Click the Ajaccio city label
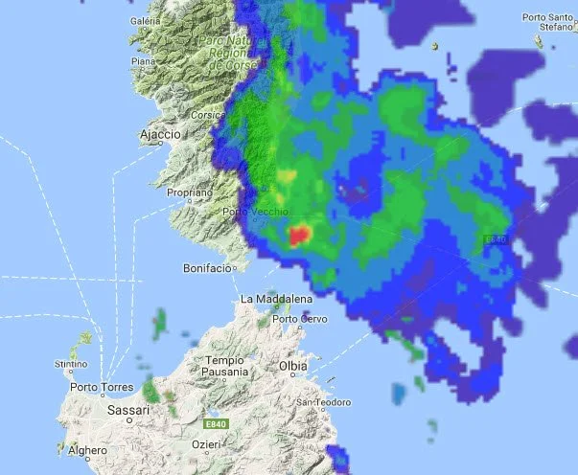[x=160, y=135]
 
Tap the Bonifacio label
[x=206, y=269]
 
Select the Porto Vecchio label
[x=248, y=212]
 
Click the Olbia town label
[x=292, y=366]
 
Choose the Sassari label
[x=130, y=410]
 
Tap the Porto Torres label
[x=98, y=388]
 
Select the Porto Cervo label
[x=294, y=320]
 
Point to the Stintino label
[x=71, y=364]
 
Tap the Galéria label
[x=144, y=21]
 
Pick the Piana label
[x=144, y=61]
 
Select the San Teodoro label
[x=316, y=401]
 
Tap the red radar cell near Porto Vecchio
[x=301, y=235]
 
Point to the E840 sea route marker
[x=496, y=238]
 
